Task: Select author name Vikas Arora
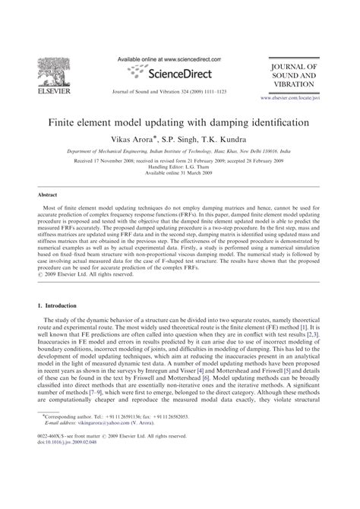[x=140, y=140]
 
